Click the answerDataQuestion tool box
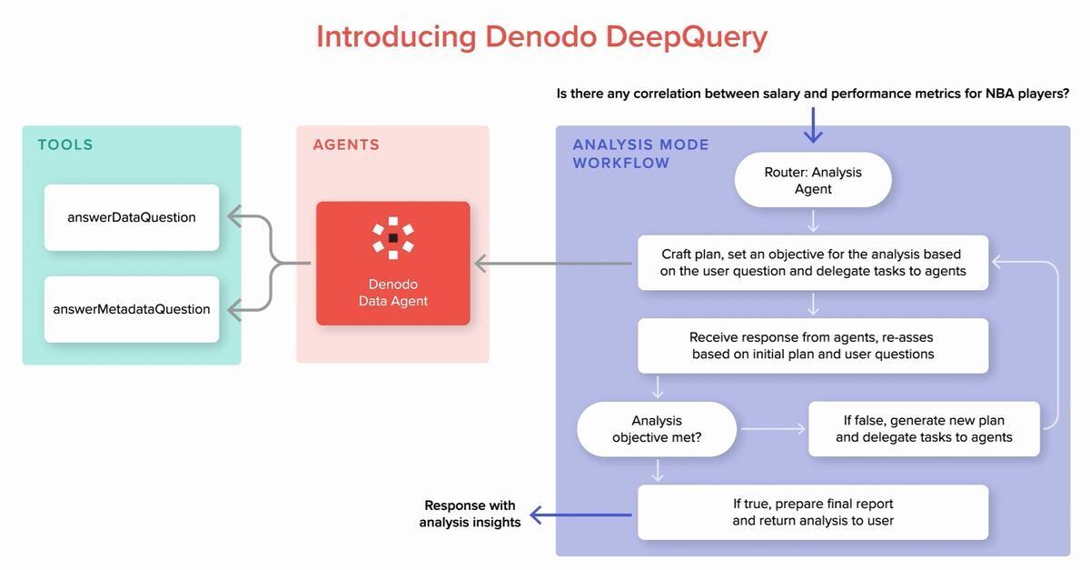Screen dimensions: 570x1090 click(x=132, y=217)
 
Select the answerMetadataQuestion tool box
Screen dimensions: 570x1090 click(x=132, y=309)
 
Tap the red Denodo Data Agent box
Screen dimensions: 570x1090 click(x=392, y=264)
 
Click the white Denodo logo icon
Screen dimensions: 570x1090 click(x=393, y=237)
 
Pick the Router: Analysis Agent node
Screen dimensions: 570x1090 click(x=813, y=180)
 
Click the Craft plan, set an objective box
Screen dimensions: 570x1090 click(x=813, y=263)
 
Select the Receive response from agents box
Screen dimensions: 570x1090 click(x=813, y=345)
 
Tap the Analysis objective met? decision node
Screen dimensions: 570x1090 click(x=657, y=429)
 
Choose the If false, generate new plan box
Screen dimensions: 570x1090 click(x=924, y=429)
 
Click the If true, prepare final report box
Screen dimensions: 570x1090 click(x=813, y=512)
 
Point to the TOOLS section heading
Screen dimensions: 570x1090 click(x=65, y=145)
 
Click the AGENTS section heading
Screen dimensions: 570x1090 click(x=346, y=145)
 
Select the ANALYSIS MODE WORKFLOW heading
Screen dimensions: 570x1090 click(x=640, y=154)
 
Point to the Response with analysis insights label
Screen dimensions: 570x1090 click(x=470, y=514)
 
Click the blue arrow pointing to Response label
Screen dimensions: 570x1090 click(x=580, y=515)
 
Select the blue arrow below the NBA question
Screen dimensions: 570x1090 click(x=813, y=125)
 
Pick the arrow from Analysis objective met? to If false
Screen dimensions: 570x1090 click(x=773, y=429)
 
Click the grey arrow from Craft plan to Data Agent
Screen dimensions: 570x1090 click(x=553, y=264)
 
